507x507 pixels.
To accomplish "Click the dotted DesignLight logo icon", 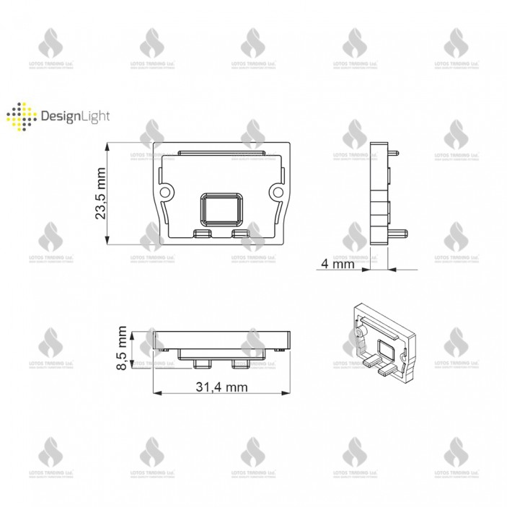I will (x=20, y=117).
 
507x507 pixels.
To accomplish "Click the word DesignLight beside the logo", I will (x=70, y=117).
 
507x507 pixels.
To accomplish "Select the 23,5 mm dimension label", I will (x=100, y=193).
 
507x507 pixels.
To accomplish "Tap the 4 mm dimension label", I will (x=338, y=265).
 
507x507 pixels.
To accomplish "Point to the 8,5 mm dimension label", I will (x=123, y=349).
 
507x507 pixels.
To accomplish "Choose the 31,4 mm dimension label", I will (x=221, y=387).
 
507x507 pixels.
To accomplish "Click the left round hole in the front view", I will (x=166, y=191).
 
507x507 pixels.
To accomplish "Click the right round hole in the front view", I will (x=276, y=191).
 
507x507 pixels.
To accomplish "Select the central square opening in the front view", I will (x=221, y=208).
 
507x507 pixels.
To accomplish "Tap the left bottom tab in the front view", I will (x=202, y=233).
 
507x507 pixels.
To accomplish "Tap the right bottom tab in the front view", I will (x=240, y=233).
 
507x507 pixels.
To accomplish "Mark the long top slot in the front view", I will (x=221, y=154).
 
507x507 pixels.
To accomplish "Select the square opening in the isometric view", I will (x=385, y=352).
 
